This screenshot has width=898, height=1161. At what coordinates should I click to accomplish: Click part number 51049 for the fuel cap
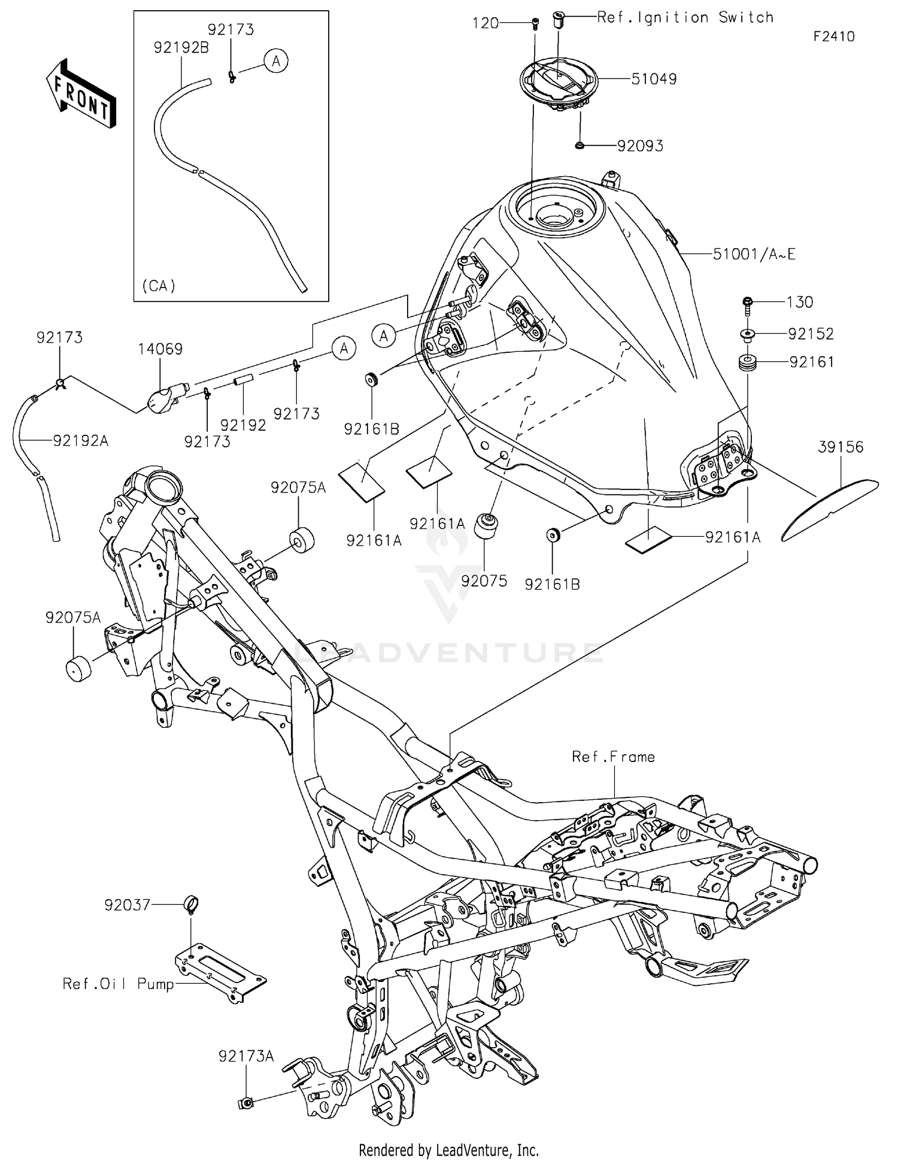[654, 79]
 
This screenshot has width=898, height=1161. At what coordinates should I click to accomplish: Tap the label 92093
[640, 146]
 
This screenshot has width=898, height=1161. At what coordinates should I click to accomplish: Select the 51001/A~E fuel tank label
[754, 255]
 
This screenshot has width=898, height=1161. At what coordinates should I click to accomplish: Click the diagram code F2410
[833, 37]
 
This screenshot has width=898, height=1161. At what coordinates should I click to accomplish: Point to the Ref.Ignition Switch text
[685, 18]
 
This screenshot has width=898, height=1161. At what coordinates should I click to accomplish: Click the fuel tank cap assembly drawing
[557, 84]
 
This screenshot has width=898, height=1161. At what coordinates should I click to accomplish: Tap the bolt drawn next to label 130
[748, 305]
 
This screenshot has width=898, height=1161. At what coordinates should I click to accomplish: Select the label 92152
[811, 334]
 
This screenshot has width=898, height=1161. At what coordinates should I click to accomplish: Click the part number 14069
[160, 349]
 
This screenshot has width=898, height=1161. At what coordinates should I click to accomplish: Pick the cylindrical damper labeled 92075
[486, 528]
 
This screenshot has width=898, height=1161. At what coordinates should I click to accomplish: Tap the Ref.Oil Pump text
[118, 984]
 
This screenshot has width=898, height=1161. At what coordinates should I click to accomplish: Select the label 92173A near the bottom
[246, 1057]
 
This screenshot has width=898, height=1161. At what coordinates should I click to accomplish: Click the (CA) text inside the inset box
[159, 286]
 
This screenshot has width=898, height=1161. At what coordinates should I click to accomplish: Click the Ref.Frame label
[613, 757]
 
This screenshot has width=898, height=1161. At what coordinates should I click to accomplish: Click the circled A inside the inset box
[276, 61]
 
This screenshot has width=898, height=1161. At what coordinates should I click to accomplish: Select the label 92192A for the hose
[81, 441]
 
